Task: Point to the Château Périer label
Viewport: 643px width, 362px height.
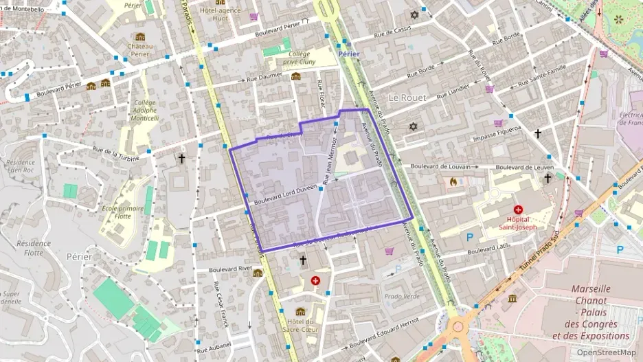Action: click(140, 50)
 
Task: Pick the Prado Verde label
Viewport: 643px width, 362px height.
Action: click(402, 296)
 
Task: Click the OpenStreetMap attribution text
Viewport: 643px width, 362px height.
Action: click(606, 352)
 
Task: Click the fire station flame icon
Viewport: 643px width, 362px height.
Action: click(453, 181)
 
